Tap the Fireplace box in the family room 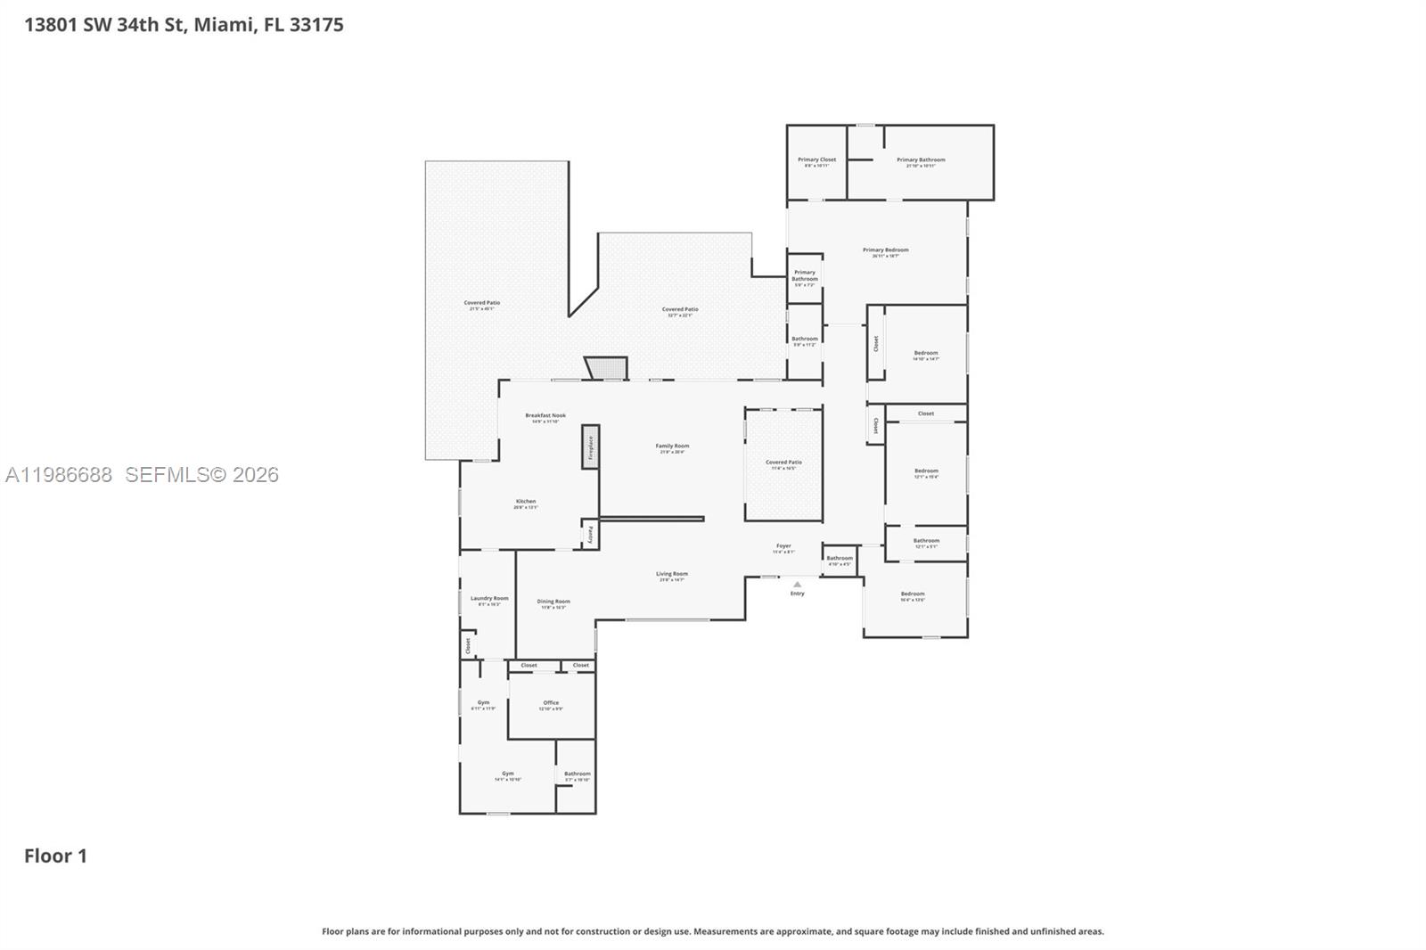pyautogui.click(x=590, y=446)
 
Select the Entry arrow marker pyautogui.click(x=797, y=585)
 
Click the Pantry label pyautogui.click(x=590, y=535)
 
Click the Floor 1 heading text pyautogui.click(x=55, y=856)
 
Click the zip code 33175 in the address pyautogui.click(x=316, y=25)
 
